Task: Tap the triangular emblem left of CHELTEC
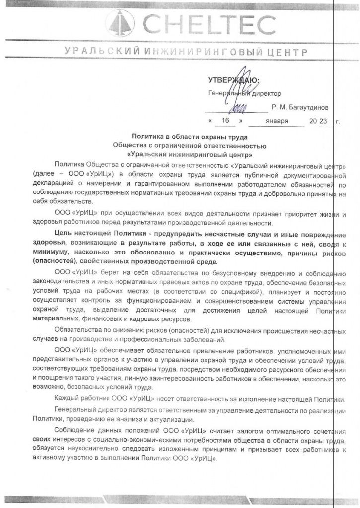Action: pos(121,24)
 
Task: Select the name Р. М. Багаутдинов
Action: pos(303,107)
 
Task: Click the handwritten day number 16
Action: pos(225,121)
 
